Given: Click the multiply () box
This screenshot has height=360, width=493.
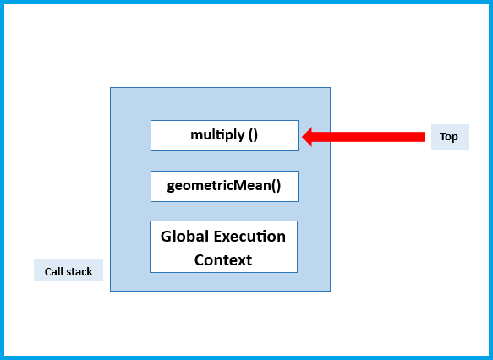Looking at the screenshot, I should (x=224, y=135).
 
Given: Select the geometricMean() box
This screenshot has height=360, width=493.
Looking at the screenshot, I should (x=224, y=186).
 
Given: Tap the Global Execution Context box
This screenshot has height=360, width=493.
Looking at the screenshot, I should (x=223, y=247).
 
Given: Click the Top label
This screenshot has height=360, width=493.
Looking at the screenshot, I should (x=449, y=137).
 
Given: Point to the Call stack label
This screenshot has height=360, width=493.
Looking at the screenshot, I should (x=68, y=271).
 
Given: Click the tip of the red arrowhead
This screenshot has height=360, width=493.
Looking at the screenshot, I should (x=304, y=136).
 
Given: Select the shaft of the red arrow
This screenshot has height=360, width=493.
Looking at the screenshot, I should (x=372, y=136).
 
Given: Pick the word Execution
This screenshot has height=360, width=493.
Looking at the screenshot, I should (x=250, y=236).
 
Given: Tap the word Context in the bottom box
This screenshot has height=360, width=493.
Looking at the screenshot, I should (x=223, y=259).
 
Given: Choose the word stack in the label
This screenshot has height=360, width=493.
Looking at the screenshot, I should (x=79, y=271).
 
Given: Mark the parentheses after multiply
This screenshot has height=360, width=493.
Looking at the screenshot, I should (x=253, y=135).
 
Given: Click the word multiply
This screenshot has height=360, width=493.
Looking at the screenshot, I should (x=218, y=135).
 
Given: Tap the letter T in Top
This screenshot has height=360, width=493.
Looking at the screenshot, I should (x=442, y=137).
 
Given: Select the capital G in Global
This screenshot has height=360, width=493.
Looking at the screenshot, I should (x=167, y=236).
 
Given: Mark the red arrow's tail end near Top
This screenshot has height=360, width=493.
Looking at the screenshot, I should (x=421, y=136).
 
